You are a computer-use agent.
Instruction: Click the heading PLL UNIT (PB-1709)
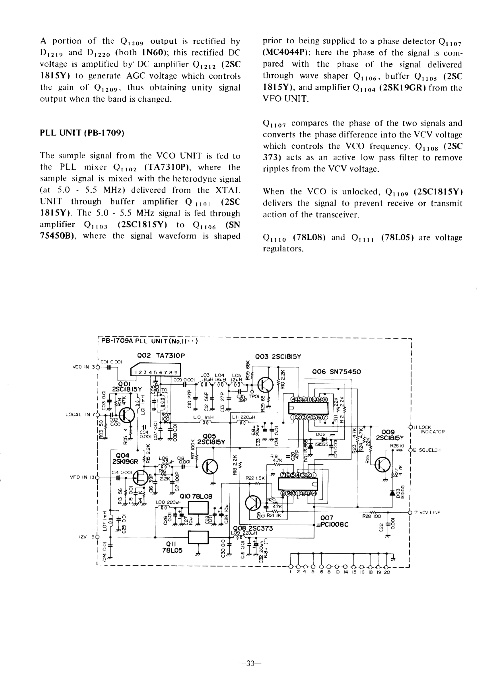[82, 133]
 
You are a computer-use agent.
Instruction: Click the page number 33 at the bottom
[250, 663]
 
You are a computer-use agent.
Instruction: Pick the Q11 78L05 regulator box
[198, 537]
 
